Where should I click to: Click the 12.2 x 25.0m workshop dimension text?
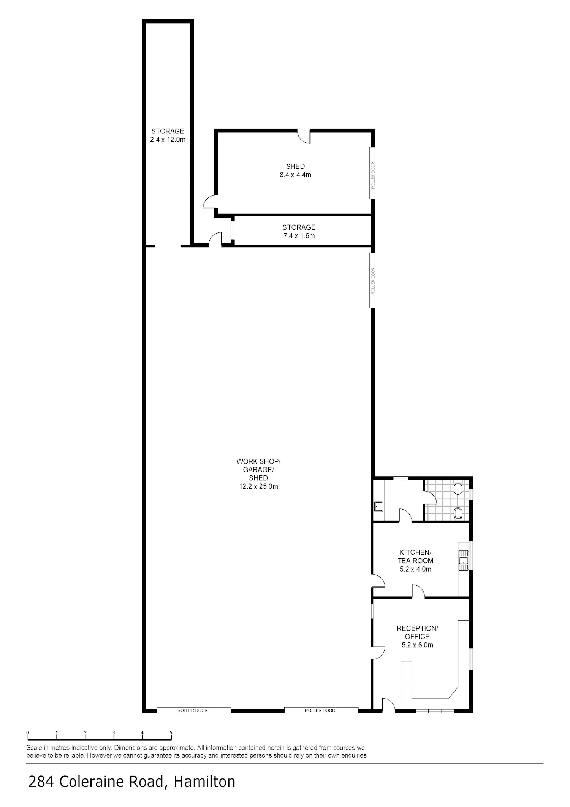[x=258, y=486]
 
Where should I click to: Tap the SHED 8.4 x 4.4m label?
[x=295, y=171]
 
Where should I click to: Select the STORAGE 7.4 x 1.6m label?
[x=299, y=231]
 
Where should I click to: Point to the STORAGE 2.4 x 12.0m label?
[x=168, y=135]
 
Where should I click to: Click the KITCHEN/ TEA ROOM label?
[x=415, y=556]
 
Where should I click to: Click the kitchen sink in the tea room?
[x=463, y=561]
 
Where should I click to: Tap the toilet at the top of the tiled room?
[x=458, y=487]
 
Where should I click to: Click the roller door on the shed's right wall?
[x=373, y=173]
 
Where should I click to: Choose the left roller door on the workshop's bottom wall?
[x=193, y=710]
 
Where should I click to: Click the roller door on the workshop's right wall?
[x=373, y=281]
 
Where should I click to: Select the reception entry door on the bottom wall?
[x=389, y=704]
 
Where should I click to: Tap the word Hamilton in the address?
[x=205, y=782]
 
